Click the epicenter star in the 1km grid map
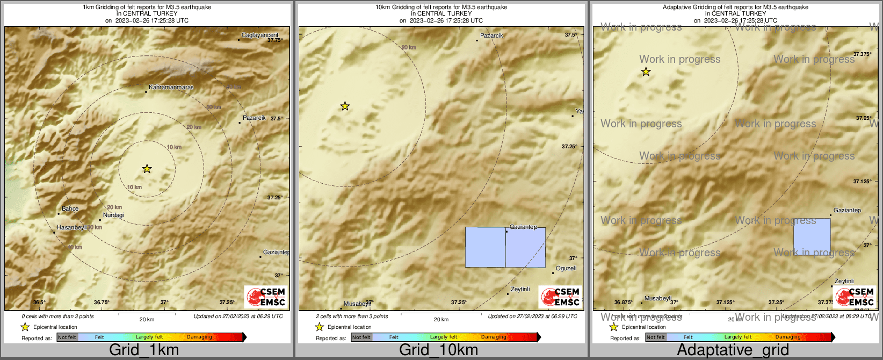[147, 169]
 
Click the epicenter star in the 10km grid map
[345, 106]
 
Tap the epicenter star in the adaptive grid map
[646, 72]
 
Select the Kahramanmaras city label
[171, 87]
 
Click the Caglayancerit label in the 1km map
[260, 35]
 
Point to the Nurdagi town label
[113, 215]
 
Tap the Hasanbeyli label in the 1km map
[72, 227]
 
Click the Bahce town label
[70, 208]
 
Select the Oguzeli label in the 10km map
[566, 268]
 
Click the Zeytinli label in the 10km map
[520, 289]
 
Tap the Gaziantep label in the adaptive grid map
[847, 210]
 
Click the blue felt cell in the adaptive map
[812, 236]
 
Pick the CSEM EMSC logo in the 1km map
[266, 297]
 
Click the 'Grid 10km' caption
[438, 350]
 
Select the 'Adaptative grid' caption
[733, 350]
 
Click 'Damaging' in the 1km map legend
[199, 337]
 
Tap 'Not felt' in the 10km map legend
[361, 337]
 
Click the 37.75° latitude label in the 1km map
[274, 40]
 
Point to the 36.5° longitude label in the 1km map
[39, 303]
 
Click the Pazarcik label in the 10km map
[491, 35]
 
